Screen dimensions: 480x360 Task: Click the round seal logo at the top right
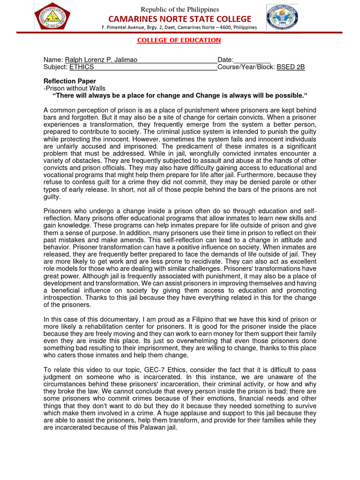click(282, 18)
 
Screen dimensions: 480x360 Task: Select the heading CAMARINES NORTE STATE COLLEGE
click(180, 19)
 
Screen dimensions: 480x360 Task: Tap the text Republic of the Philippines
click(180, 9)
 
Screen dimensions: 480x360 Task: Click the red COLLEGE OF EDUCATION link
click(179, 40)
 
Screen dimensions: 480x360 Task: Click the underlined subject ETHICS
click(82, 67)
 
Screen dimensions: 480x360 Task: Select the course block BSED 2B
click(291, 67)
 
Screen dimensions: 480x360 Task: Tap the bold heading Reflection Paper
click(69, 81)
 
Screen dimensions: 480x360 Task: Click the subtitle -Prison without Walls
click(75, 88)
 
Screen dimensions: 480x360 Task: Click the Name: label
click(53, 60)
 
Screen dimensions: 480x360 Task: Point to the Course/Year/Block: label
click(246, 67)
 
